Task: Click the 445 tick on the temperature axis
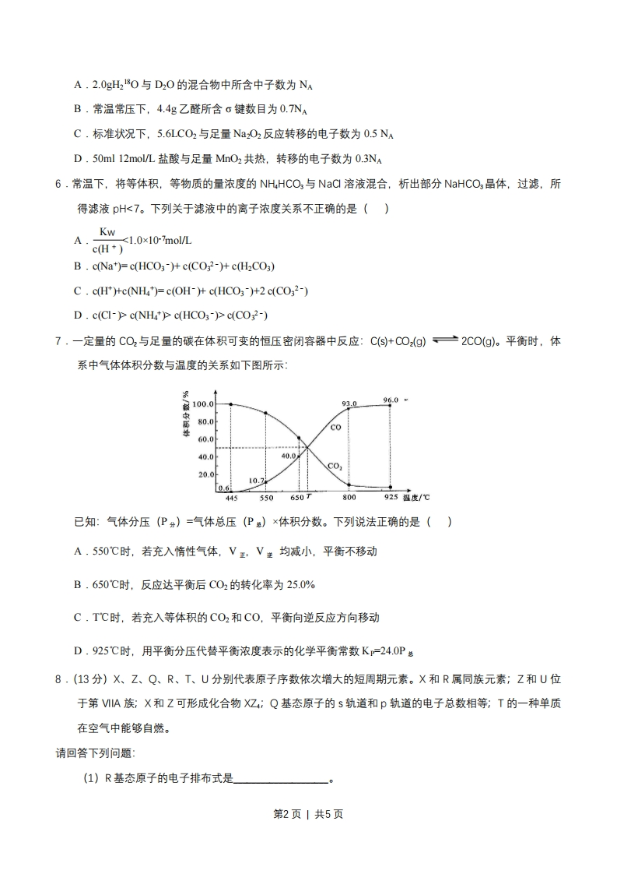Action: (231, 497)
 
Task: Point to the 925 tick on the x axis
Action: (391, 497)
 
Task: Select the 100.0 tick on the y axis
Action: (204, 404)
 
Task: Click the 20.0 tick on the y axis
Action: (206, 474)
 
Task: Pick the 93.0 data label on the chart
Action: (349, 404)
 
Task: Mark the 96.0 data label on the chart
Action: (391, 400)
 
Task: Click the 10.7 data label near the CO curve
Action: (257, 480)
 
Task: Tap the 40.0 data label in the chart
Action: (289, 456)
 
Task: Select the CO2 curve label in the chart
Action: (335, 466)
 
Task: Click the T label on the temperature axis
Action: (308, 496)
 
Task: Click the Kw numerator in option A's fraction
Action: (107, 232)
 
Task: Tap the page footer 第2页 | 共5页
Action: (308, 813)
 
